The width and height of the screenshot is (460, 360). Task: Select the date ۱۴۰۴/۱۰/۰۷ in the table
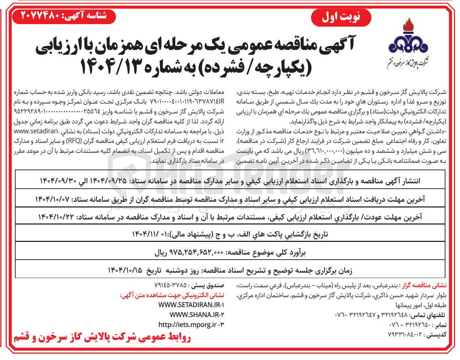[x=52, y=199]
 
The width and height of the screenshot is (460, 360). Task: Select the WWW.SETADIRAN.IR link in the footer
[x=192, y=305]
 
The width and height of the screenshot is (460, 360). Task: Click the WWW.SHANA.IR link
[x=197, y=315]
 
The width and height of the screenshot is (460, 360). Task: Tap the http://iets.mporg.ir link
[x=192, y=324]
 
